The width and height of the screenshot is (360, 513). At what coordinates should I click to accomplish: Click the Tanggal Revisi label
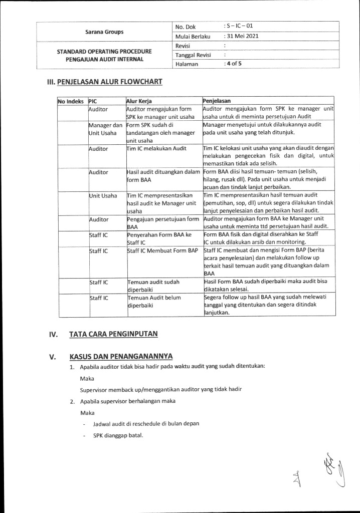[x=193, y=55]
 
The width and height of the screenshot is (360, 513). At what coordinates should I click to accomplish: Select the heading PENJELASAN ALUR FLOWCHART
[x=110, y=82]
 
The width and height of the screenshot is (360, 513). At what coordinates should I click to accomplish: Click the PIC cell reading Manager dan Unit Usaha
[x=105, y=129]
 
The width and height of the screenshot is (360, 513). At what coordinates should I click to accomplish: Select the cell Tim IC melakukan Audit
[x=151, y=149]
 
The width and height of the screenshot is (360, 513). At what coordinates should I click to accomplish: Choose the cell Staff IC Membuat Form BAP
[x=162, y=250]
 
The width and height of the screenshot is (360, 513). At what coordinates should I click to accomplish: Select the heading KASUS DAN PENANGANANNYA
[x=121, y=356]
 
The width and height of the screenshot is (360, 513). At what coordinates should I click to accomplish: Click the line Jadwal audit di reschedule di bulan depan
[x=146, y=423]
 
